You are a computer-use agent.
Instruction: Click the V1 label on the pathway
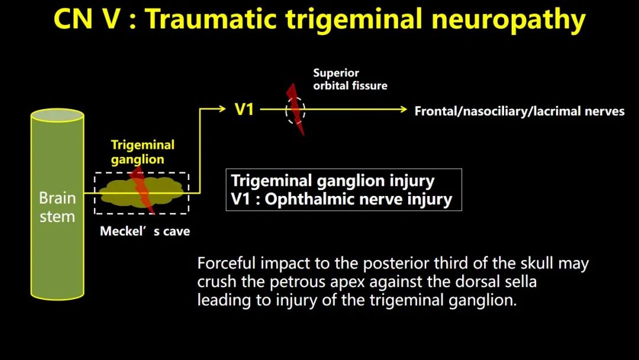pyautogui.click(x=244, y=110)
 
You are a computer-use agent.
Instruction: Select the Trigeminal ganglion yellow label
pyautogui.click(x=143, y=152)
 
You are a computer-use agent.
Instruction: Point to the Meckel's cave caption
pyautogui.click(x=145, y=231)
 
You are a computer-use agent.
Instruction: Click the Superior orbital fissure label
pyautogui.click(x=350, y=79)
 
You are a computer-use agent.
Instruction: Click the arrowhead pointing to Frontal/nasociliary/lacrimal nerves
pyautogui.click(x=404, y=110)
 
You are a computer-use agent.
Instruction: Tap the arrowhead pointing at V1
pyautogui.click(x=222, y=108)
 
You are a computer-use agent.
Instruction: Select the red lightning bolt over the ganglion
pyautogui.click(x=142, y=189)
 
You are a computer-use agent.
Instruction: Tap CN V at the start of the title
pyautogui.click(x=86, y=19)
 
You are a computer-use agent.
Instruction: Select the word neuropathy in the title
pyautogui.click(x=508, y=20)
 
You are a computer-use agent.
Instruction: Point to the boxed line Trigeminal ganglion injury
pyautogui.click(x=333, y=181)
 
